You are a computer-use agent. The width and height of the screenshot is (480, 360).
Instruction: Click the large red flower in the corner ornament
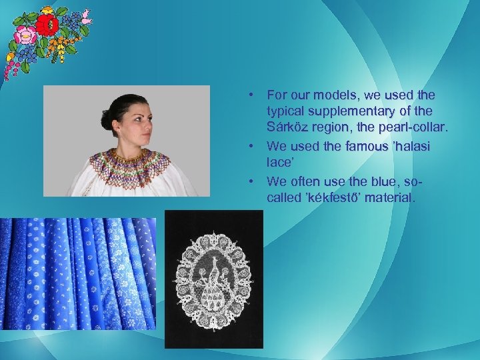point(47,25)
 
